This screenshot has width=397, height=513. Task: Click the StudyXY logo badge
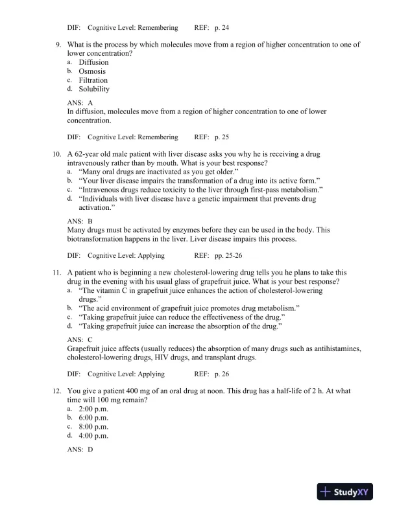coord(347,492)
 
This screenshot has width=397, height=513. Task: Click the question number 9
coord(58,45)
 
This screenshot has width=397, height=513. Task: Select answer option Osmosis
coord(92,71)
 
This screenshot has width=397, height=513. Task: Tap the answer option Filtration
coord(93,80)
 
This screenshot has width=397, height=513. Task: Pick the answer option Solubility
coord(94,89)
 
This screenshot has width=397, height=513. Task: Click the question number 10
coord(56,155)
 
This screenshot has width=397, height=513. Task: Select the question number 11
coord(56,273)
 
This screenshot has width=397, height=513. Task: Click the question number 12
coord(56,392)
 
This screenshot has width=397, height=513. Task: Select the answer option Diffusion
coord(94,63)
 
